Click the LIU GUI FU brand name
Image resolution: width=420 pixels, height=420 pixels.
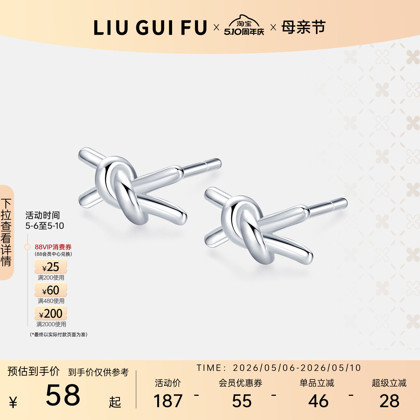pos(150,28)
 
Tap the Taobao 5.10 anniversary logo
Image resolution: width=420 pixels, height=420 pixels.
pos(244,25)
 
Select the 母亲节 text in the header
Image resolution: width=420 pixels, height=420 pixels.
pos(304,27)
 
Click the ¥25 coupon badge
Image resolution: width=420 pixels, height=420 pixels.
pos(50,267)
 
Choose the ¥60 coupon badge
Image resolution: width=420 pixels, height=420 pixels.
pos(50,290)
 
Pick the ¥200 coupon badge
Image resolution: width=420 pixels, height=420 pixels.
pos(50,313)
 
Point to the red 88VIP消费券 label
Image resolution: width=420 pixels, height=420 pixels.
pos(53,247)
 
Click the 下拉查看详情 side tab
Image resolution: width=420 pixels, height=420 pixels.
pos(6,232)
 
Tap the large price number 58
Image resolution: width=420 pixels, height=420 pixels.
pos(63,395)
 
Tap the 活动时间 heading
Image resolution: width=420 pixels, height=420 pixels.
pos(43,215)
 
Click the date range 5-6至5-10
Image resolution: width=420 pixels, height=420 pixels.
pos(45,226)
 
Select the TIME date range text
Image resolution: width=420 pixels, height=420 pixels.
pos(279,368)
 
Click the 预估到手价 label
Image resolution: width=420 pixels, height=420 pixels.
pos(34,371)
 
